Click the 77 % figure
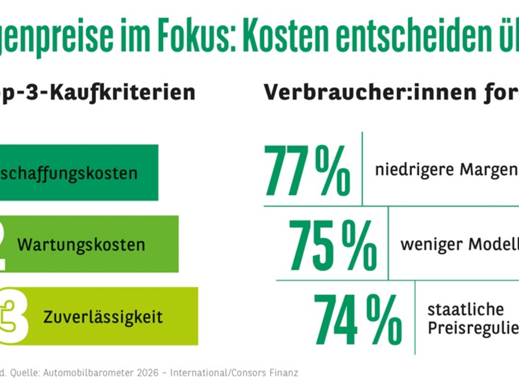point(307,171)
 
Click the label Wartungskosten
point(81,245)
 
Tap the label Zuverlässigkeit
point(103,317)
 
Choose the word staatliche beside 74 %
point(459,309)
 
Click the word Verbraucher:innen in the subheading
point(363,92)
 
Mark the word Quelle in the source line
point(25,373)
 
